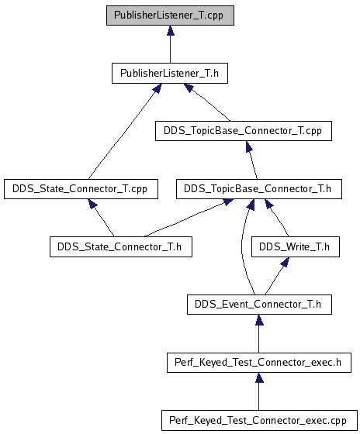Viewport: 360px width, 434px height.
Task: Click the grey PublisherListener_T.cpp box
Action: point(170,15)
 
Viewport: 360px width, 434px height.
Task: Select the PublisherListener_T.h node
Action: point(170,73)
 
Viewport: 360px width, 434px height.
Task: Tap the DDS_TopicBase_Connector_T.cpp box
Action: point(244,131)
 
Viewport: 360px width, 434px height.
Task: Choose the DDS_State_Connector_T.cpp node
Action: point(81,189)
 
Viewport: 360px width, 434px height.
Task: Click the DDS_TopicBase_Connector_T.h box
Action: point(259,189)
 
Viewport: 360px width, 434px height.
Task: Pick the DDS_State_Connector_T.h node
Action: point(121,246)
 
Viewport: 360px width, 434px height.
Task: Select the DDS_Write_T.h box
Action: point(296,246)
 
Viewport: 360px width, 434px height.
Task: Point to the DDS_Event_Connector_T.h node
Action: point(259,304)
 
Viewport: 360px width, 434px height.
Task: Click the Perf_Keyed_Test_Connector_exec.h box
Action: point(259,363)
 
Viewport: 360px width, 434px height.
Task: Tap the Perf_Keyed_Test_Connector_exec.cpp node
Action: point(259,420)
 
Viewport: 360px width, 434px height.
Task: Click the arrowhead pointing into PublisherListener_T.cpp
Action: point(171,30)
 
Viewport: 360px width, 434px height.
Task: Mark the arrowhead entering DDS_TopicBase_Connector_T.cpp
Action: point(248,146)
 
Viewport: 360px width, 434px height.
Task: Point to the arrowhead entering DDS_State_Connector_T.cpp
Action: point(93,204)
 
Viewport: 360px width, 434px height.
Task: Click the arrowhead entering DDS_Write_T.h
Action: point(286,262)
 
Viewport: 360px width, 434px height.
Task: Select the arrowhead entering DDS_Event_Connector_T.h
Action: point(259,319)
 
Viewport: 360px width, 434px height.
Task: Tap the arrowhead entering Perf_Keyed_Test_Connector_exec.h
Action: point(259,378)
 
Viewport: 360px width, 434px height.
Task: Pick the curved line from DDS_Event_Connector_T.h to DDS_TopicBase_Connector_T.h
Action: point(242,246)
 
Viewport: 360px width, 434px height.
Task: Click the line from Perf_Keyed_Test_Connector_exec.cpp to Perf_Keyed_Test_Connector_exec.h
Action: point(259,396)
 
